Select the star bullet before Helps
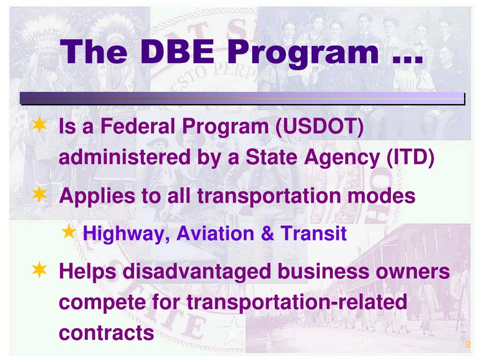(39, 269)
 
